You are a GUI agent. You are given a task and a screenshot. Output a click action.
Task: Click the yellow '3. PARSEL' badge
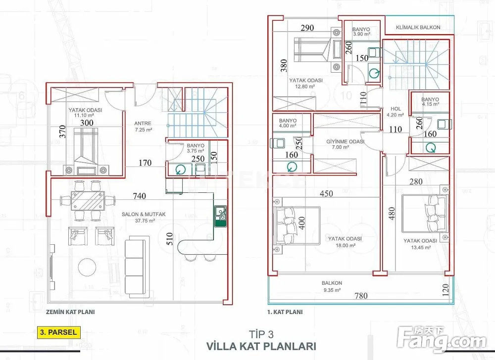(58, 332)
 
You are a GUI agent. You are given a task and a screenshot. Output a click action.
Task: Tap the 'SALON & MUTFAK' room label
(144, 214)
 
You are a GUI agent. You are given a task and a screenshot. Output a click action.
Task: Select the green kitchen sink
(220, 216)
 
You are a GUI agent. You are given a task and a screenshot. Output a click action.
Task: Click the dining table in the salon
(88, 201)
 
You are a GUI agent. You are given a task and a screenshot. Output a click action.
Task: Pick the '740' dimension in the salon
(139, 196)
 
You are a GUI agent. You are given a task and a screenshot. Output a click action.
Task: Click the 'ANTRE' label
(143, 124)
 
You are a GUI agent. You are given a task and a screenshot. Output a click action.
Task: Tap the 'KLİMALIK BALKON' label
(418, 27)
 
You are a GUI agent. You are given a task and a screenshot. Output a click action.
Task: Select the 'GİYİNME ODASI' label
(345, 142)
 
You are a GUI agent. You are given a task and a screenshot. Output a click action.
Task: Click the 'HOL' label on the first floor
(396, 109)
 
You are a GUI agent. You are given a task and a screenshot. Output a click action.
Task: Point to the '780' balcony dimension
(361, 296)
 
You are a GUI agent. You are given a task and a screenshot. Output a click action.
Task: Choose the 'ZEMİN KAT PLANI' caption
(70, 312)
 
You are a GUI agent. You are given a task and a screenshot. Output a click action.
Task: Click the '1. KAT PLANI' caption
(285, 312)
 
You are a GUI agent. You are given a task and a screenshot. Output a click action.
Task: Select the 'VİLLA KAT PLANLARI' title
(261, 346)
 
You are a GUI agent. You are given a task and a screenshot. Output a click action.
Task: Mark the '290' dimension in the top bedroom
(307, 28)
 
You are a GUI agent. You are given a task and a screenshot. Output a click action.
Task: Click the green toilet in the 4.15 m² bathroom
(431, 147)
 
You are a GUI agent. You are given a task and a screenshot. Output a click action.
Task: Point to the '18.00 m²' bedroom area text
(345, 246)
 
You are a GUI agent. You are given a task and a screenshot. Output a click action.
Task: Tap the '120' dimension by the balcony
(445, 289)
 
